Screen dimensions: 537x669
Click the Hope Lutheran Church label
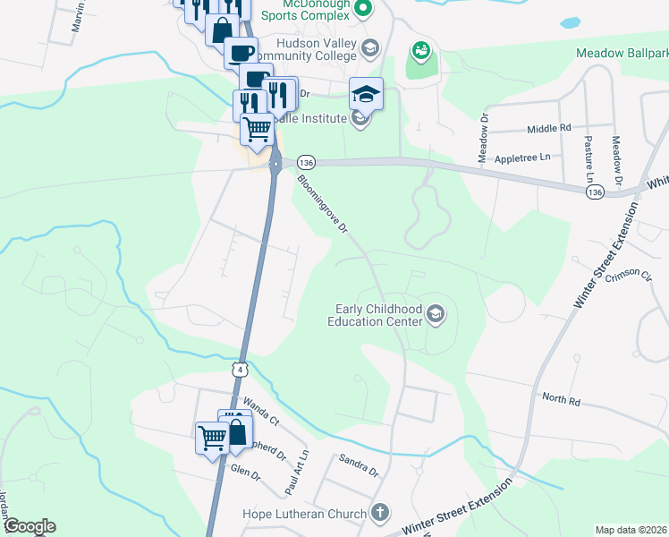304,514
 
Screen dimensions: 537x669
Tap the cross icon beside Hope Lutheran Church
380,514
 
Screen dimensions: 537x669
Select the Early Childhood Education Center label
375,314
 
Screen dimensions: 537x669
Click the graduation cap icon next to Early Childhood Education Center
436,313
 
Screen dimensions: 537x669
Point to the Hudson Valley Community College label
304,50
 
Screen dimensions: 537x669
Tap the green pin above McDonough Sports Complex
362,10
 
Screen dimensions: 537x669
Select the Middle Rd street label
548,129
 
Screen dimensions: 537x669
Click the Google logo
30,526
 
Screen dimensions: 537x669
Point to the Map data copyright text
631,530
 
